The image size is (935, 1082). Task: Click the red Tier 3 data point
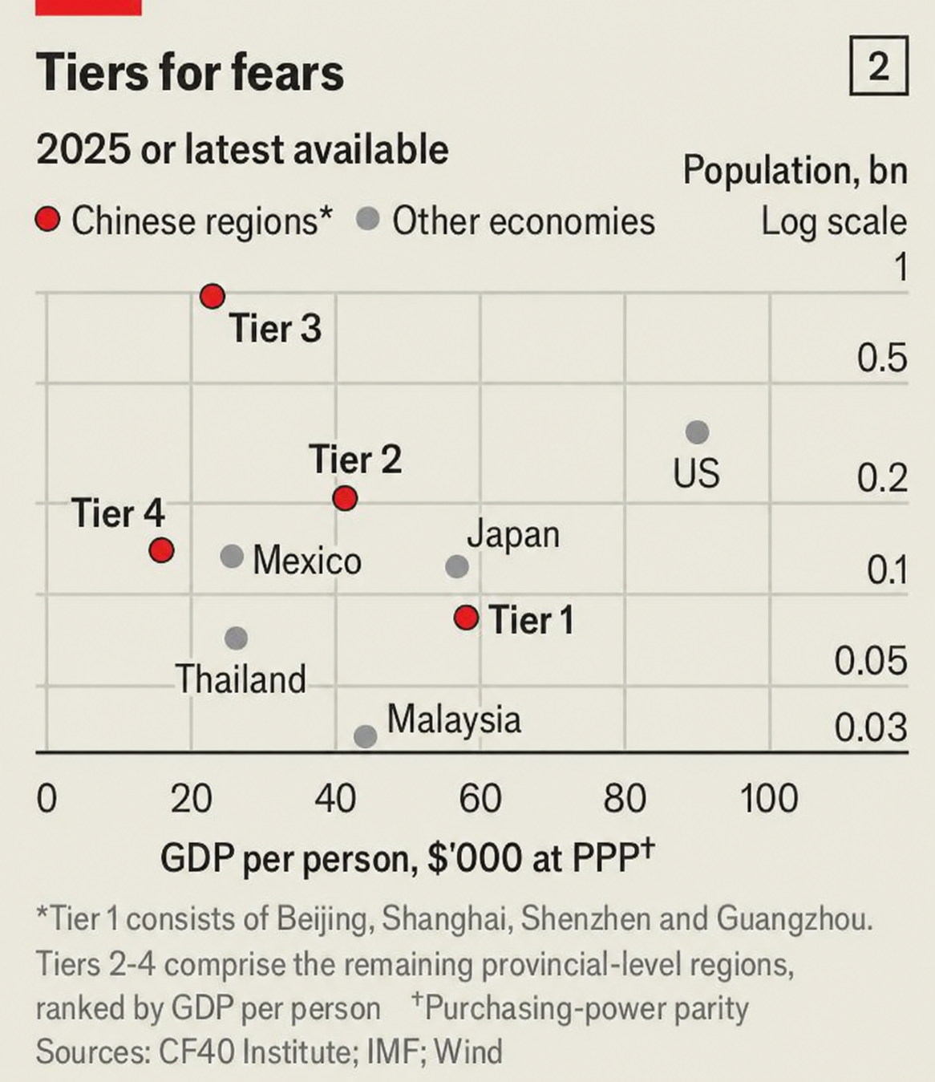[212, 297]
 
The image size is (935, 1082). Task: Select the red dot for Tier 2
[346, 498]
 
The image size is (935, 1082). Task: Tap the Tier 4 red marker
[161, 550]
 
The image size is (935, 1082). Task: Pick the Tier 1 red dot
[466, 618]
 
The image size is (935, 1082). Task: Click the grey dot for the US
[697, 432]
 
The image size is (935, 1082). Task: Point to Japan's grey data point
[457, 566]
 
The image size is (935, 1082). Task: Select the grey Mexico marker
[232, 556]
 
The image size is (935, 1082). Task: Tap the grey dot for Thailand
[236, 638]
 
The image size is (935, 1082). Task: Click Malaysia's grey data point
[365, 736]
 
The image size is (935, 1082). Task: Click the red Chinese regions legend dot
[47, 219]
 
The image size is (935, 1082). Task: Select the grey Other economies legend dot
[367, 219]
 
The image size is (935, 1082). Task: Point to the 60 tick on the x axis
[480, 799]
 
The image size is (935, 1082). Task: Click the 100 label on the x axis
[769, 799]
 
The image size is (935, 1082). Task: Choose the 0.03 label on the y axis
[871, 727]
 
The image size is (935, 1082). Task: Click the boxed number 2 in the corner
[879, 66]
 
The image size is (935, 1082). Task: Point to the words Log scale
[834, 222]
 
